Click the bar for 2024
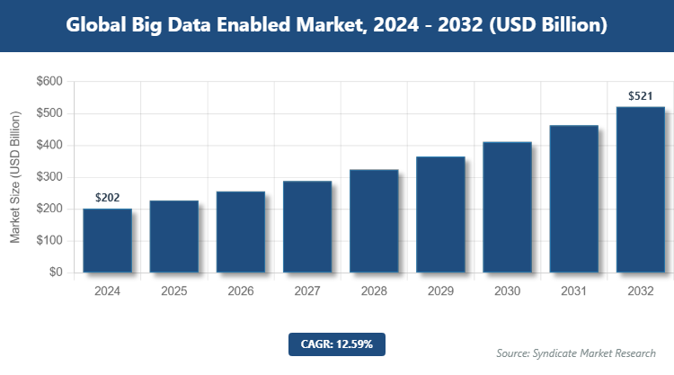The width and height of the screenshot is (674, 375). tap(107, 240)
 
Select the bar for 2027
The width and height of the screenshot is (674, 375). tap(307, 227)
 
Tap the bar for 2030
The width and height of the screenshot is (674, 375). tap(507, 207)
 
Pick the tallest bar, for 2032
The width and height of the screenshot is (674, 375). tap(641, 190)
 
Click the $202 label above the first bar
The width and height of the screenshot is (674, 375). tap(107, 198)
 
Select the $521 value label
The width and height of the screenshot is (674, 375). tap(641, 95)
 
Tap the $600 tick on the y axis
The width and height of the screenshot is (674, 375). tap(49, 82)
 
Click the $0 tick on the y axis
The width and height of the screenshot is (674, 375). tap(55, 272)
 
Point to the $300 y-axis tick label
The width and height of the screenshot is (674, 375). tap(49, 177)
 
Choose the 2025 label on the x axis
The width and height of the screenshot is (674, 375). tap(173, 291)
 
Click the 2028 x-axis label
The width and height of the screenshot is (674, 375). tap(374, 291)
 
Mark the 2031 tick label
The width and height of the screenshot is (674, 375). tap(574, 291)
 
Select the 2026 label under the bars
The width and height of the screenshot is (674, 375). tap(241, 291)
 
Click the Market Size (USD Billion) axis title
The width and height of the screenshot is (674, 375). tap(15, 177)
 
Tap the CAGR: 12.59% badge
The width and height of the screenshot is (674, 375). tap(337, 344)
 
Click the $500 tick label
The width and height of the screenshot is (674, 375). tap(49, 113)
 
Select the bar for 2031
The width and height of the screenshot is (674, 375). tap(574, 199)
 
